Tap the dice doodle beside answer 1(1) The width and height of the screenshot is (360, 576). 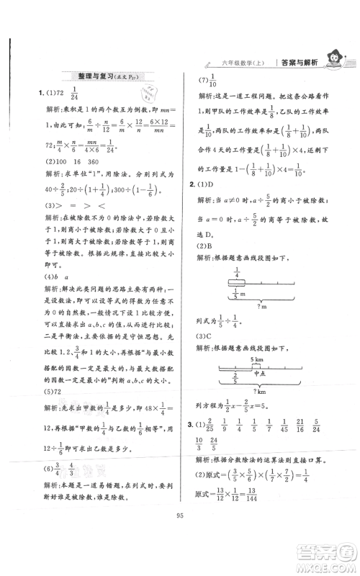coord(150,95)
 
